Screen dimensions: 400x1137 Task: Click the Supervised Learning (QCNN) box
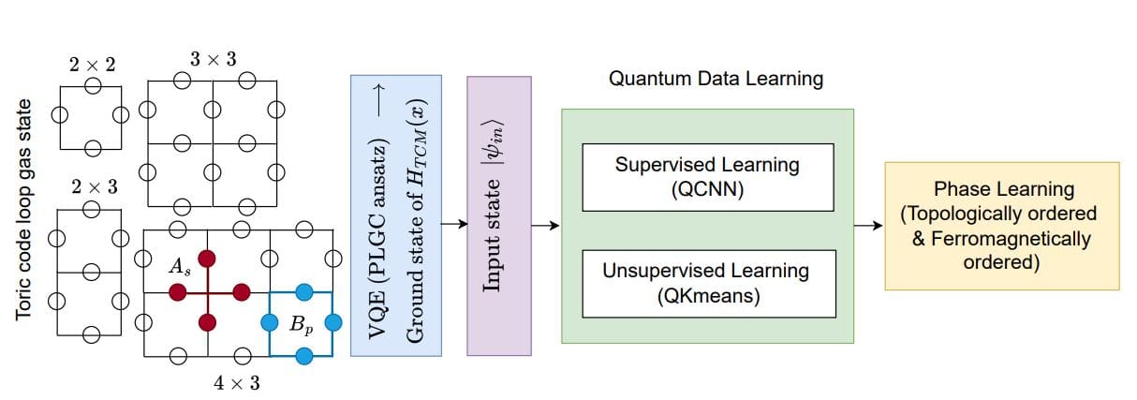click(x=707, y=176)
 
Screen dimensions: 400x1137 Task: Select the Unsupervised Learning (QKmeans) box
click(x=707, y=282)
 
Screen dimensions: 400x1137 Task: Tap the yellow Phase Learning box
click(x=1001, y=226)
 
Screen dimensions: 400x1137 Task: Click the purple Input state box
click(x=499, y=215)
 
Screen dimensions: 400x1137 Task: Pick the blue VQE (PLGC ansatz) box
click(x=397, y=215)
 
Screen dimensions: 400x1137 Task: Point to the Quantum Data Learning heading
click(x=716, y=79)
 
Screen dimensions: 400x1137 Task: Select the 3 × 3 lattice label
click(x=213, y=59)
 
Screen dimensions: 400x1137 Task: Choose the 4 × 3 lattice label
click(x=237, y=382)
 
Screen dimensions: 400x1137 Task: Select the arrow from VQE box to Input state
click(x=454, y=224)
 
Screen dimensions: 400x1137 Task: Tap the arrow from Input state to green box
click(x=545, y=225)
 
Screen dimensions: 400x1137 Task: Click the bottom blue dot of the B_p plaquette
click(x=303, y=355)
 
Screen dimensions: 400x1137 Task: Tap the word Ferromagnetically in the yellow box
click(x=1001, y=238)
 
